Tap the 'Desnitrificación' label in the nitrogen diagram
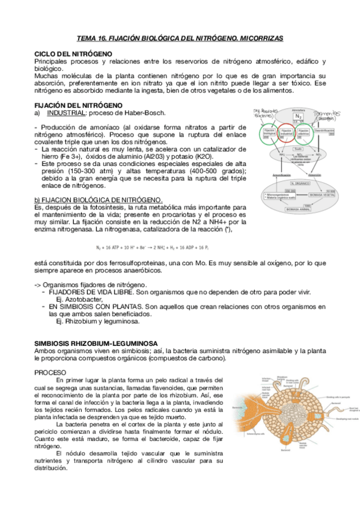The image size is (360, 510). (x=324, y=129)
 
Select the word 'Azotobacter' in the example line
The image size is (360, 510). (x=73, y=299)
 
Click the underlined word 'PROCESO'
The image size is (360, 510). (x=50, y=372)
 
